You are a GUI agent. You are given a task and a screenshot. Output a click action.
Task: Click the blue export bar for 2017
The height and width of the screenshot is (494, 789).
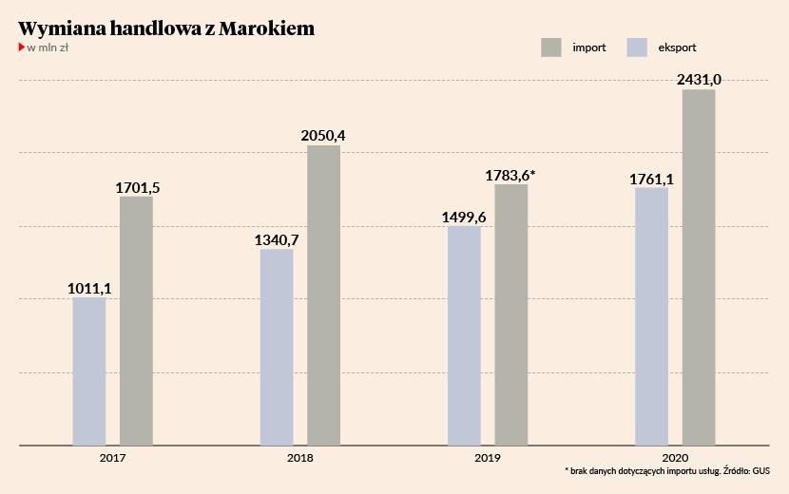(88, 371)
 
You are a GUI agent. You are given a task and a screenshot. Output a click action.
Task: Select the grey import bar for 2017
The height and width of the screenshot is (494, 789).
(136, 320)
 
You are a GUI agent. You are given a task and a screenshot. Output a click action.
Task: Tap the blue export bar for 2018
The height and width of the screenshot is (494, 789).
(277, 347)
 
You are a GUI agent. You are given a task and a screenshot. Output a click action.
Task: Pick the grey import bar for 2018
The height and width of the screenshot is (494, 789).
(323, 294)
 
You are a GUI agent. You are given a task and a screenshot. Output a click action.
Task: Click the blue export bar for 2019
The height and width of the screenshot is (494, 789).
(464, 335)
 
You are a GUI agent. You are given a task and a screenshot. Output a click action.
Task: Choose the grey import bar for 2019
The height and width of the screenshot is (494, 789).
(510, 314)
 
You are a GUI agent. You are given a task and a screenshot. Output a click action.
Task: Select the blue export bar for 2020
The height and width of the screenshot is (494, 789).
(651, 316)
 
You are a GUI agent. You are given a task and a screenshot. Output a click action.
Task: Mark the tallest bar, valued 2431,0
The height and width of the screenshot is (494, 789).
(699, 267)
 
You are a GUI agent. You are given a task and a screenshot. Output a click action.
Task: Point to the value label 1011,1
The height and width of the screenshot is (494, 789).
(89, 287)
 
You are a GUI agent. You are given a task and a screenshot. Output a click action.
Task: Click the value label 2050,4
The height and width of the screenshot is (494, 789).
(323, 135)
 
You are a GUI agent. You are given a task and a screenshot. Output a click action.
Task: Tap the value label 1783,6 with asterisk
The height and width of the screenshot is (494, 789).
(510, 175)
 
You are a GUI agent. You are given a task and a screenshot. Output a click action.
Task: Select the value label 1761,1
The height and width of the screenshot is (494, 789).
(651, 178)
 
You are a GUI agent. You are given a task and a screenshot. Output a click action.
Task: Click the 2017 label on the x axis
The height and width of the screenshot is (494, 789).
(112, 457)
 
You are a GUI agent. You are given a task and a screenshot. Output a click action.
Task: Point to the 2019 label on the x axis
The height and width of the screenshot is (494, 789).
(488, 457)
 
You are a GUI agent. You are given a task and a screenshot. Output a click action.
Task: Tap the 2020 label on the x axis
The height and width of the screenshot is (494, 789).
(675, 457)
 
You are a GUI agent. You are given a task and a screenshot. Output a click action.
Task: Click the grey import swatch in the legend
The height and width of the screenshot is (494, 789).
(550, 47)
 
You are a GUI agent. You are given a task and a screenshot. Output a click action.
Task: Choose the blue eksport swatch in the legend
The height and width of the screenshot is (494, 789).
(637, 47)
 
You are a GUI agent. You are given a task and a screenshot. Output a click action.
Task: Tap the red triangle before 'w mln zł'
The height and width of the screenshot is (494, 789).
(22, 47)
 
